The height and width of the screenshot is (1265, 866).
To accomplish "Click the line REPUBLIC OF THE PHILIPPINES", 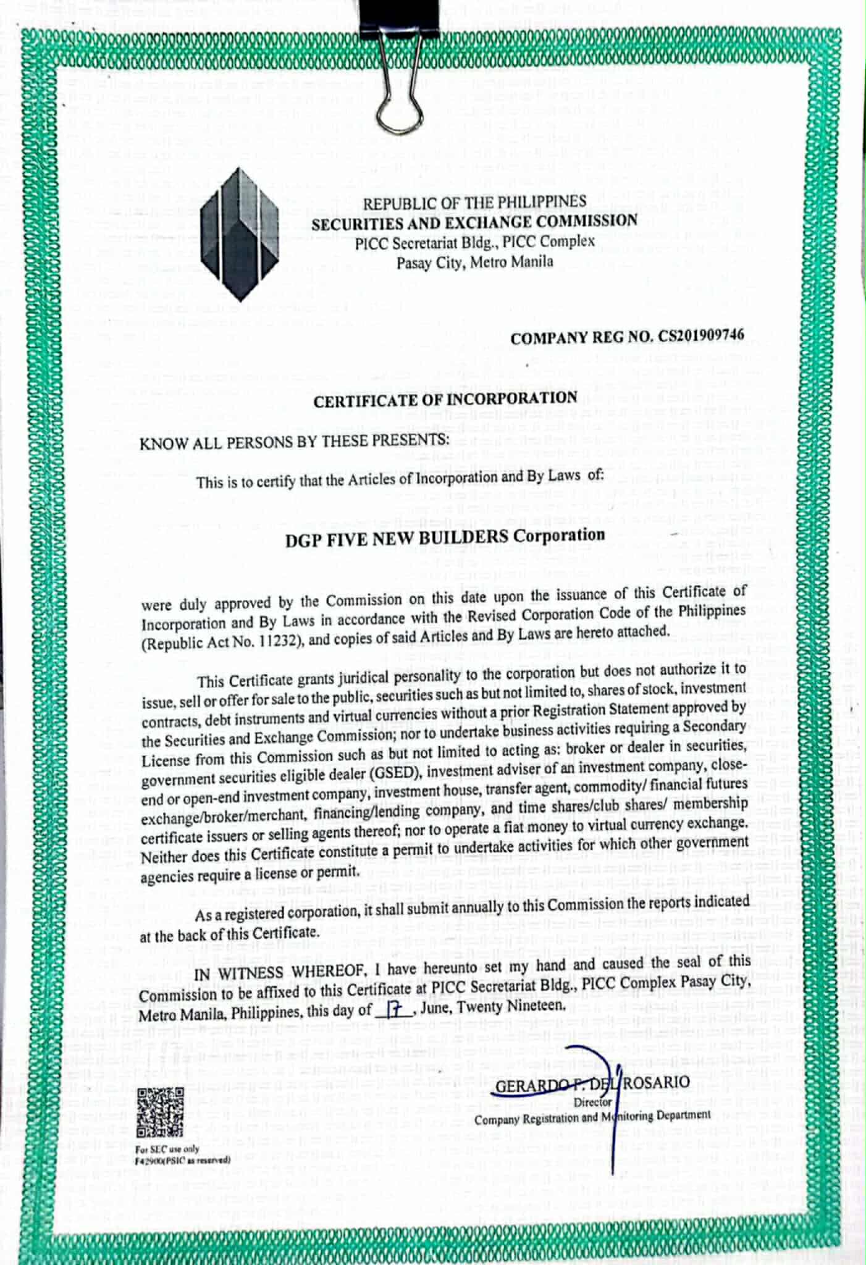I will click(x=474, y=202).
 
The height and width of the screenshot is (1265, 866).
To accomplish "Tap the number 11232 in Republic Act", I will click(x=278, y=641).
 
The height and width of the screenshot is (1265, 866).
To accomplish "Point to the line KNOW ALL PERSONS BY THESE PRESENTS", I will click(x=294, y=441).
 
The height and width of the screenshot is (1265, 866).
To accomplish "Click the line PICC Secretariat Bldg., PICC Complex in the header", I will click(x=474, y=242).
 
